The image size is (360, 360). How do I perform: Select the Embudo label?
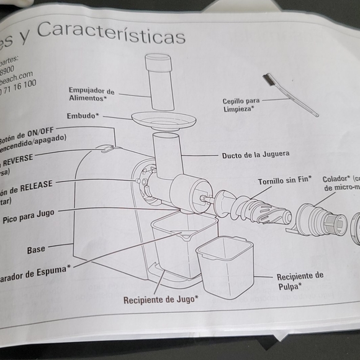(83, 116)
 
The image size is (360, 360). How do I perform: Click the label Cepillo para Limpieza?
(242, 105)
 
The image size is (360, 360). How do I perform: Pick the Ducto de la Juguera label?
(255, 155)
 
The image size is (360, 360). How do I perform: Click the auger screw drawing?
(254, 207)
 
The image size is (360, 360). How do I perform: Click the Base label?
(36, 250)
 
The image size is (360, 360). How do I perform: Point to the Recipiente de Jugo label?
(161, 299)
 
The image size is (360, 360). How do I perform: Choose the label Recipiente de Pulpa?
(300, 281)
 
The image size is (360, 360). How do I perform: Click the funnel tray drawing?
(163, 120)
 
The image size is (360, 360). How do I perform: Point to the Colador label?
(336, 178)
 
